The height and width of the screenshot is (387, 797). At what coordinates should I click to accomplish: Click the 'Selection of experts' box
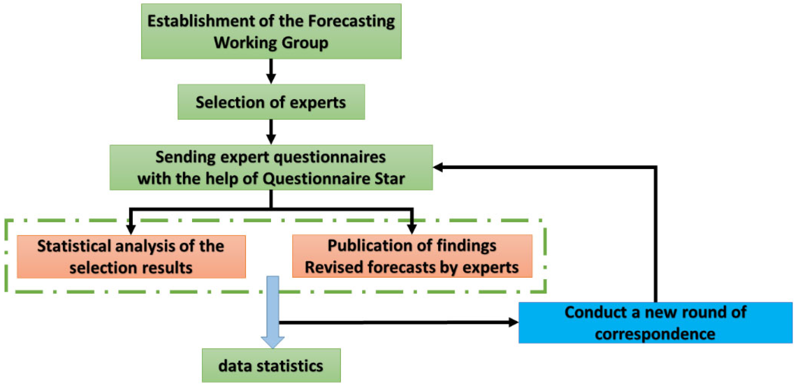coord(271,102)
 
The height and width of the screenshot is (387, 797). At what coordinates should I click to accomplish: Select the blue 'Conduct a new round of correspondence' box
coord(655,322)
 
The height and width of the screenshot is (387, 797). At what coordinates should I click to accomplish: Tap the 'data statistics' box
coord(271,365)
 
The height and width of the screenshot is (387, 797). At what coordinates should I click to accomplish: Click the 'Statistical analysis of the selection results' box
coord(131,256)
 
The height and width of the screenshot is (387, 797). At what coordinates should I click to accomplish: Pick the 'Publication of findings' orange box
coord(412,256)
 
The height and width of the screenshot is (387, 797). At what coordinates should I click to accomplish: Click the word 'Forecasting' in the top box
coord(351,21)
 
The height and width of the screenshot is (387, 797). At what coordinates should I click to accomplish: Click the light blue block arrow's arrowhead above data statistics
coord(273,342)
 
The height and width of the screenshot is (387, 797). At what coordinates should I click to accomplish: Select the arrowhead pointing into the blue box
coord(513,322)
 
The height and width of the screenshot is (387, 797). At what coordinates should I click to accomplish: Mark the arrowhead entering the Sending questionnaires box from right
coord(438,167)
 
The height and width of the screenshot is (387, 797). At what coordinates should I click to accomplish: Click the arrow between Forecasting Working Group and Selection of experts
coord(271,72)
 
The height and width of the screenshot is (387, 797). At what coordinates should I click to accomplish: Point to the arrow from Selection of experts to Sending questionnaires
coord(271,132)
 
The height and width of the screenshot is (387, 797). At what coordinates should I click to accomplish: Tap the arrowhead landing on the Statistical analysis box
coord(131,230)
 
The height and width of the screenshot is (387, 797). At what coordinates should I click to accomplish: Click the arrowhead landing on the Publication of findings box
coord(412,229)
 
